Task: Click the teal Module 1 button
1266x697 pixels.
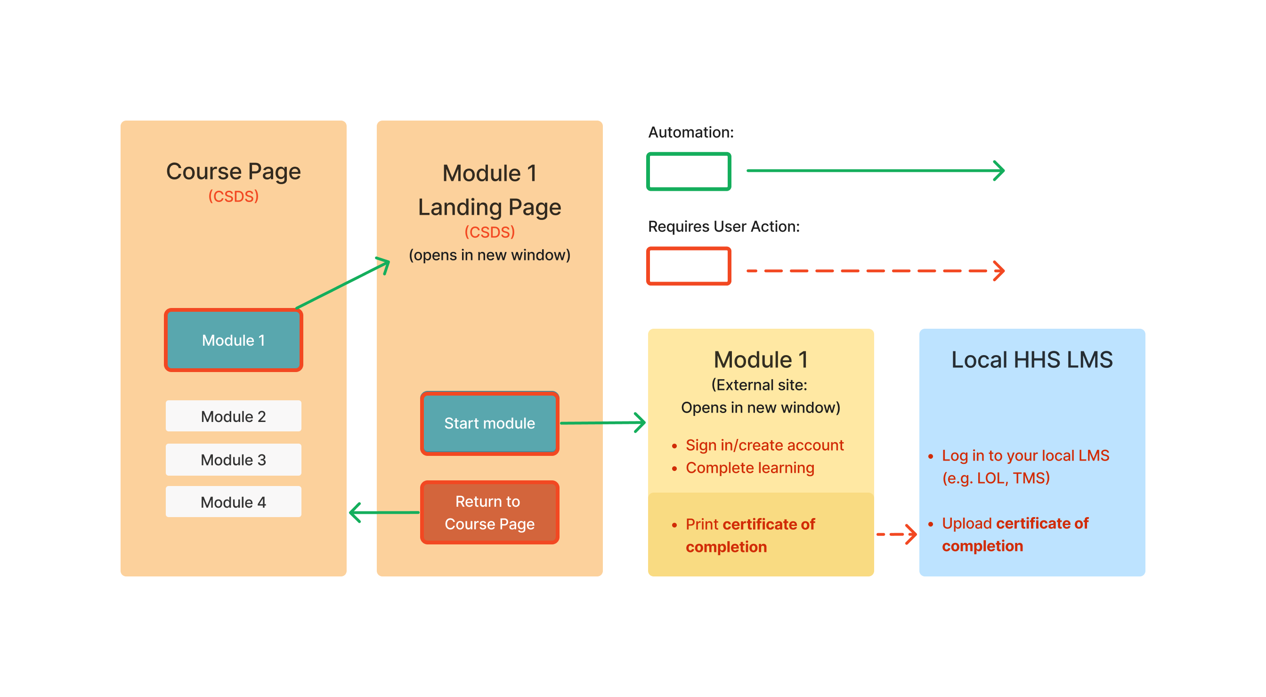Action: (x=234, y=340)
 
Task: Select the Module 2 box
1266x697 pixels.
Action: (x=234, y=416)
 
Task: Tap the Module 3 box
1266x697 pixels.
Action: (x=234, y=460)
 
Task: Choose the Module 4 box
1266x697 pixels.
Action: (x=234, y=502)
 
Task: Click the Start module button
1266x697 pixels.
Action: (x=489, y=423)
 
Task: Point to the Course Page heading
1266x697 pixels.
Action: (x=234, y=171)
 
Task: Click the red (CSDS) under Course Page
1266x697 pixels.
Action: (x=234, y=196)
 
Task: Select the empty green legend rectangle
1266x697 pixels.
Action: (x=689, y=171)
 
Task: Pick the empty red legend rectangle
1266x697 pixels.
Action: (x=689, y=267)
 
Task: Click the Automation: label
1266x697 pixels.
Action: (x=690, y=132)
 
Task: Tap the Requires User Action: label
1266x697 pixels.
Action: (x=723, y=227)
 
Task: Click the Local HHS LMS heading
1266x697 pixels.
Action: (x=1031, y=360)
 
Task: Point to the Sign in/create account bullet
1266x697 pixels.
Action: (x=764, y=445)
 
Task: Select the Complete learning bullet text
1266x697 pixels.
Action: (x=749, y=468)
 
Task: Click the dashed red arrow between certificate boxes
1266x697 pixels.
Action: (x=896, y=535)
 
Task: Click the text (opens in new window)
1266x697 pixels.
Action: (x=489, y=255)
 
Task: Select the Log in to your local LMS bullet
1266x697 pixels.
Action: (x=1025, y=456)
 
